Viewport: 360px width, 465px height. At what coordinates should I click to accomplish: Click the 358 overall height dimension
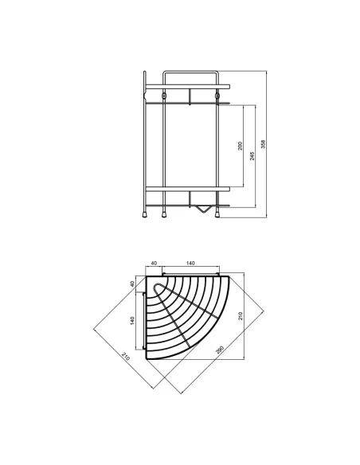click(263, 144)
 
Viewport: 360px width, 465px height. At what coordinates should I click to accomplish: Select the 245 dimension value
click(252, 156)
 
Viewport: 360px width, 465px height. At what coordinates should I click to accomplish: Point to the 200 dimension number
click(241, 146)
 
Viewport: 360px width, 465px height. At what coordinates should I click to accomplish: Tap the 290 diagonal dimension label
click(220, 350)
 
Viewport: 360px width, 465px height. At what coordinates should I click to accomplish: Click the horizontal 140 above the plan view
click(190, 263)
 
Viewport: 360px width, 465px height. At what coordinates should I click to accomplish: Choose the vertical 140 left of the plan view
click(132, 321)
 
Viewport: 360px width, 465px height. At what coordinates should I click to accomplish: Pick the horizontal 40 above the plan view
click(154, 263)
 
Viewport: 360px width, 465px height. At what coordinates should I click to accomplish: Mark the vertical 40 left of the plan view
click(132, 283)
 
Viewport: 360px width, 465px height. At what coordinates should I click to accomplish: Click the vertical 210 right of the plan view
click(241, 316)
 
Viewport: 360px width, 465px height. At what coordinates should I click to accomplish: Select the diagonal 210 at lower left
click(125, 356)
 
